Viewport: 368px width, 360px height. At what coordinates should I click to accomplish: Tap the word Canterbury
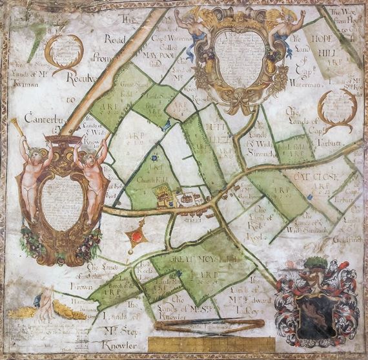[x=39, y=119]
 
